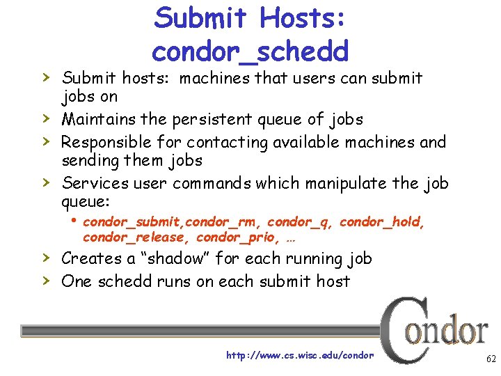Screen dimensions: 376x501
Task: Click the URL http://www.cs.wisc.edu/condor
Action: tap(300, 355)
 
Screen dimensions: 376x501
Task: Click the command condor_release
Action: tap(136, 237)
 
